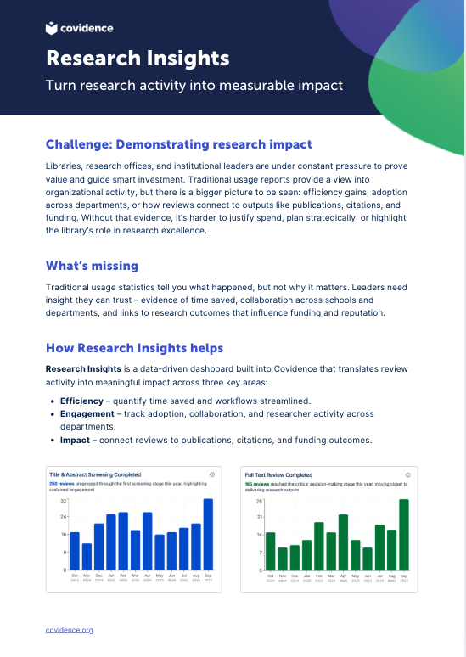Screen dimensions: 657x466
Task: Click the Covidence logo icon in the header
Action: click(x=52, y=28)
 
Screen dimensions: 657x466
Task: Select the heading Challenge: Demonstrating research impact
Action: click(x=178, y=144)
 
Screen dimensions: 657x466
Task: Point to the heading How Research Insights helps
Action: click(x=134, y=348)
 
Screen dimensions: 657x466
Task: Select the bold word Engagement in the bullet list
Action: click(x=89, y=414)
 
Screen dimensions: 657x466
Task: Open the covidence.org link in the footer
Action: click(x=70, y=630)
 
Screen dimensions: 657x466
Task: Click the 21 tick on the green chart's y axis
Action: click(x=260, y=516)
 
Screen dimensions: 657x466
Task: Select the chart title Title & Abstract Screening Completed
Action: click(x=95, y=474)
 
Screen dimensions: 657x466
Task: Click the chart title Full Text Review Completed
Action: click(x=278, y=474)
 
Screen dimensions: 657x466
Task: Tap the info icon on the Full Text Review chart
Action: click(x=408, y=474)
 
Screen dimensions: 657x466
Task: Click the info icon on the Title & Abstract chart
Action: click(x=211, y=474)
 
